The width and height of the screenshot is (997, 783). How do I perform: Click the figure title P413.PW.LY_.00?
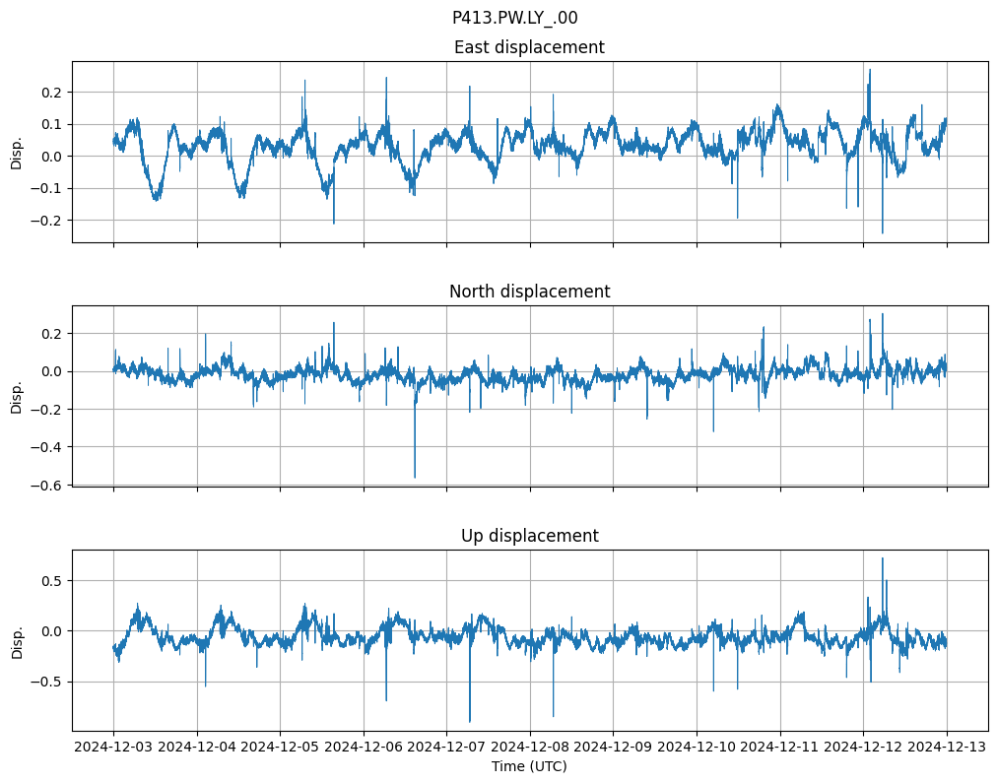coord(514,18)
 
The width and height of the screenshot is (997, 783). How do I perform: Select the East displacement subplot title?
coord(529,47)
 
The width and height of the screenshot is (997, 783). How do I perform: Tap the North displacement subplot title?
coord(529,292)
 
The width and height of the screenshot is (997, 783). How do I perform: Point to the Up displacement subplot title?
coord(529,536)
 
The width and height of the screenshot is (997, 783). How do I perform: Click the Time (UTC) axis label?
coord(529,765)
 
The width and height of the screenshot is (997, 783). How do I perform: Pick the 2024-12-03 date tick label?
coord(113,747)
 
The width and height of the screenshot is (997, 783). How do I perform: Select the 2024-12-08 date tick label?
coord(530,747)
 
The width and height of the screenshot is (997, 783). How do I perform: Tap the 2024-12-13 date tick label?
coord(947,747)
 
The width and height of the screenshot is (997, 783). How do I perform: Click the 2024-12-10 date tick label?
coord(697,747)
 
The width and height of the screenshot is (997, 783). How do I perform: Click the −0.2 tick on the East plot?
coord(48,221)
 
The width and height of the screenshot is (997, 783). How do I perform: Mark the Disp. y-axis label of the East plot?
coord(17,152)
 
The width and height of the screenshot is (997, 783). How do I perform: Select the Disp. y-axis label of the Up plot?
coord(17,640)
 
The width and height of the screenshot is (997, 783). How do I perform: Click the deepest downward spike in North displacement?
coord(415,478)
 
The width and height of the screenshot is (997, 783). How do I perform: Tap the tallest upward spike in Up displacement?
coord(882,558)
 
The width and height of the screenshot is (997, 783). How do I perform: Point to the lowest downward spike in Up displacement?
coord(470,722)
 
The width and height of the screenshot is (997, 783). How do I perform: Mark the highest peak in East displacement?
coord(869,70)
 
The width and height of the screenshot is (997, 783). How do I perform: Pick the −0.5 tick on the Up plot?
coord(48,682)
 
